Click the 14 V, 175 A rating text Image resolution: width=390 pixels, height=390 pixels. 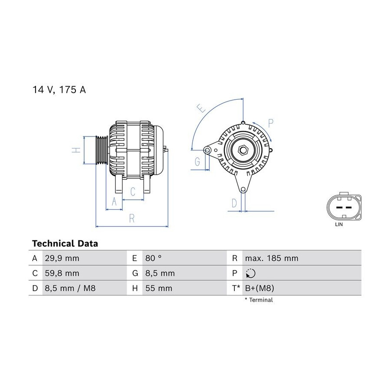pos(59,90)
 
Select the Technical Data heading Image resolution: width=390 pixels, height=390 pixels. pos(65,244)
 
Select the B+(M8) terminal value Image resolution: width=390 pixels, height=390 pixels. pos(260,288)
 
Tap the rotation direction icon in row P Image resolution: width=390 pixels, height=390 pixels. pos(250,273)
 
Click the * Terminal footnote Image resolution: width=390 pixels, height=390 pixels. pos(259,300)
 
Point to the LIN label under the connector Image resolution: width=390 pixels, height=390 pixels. pos(339,224)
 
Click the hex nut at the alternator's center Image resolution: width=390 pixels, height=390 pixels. pos(242,150)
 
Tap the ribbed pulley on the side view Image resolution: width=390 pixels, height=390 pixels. pos(101,150)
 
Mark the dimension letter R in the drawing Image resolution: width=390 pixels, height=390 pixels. pos(132,219)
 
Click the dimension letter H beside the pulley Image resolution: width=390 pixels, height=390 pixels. pos(76,150)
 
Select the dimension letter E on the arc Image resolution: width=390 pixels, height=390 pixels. pos(201,108)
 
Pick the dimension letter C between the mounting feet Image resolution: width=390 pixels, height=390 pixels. pos(133,192)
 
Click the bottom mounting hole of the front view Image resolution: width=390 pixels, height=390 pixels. pos(243,189)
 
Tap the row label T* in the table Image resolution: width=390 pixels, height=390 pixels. pos(236,288)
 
